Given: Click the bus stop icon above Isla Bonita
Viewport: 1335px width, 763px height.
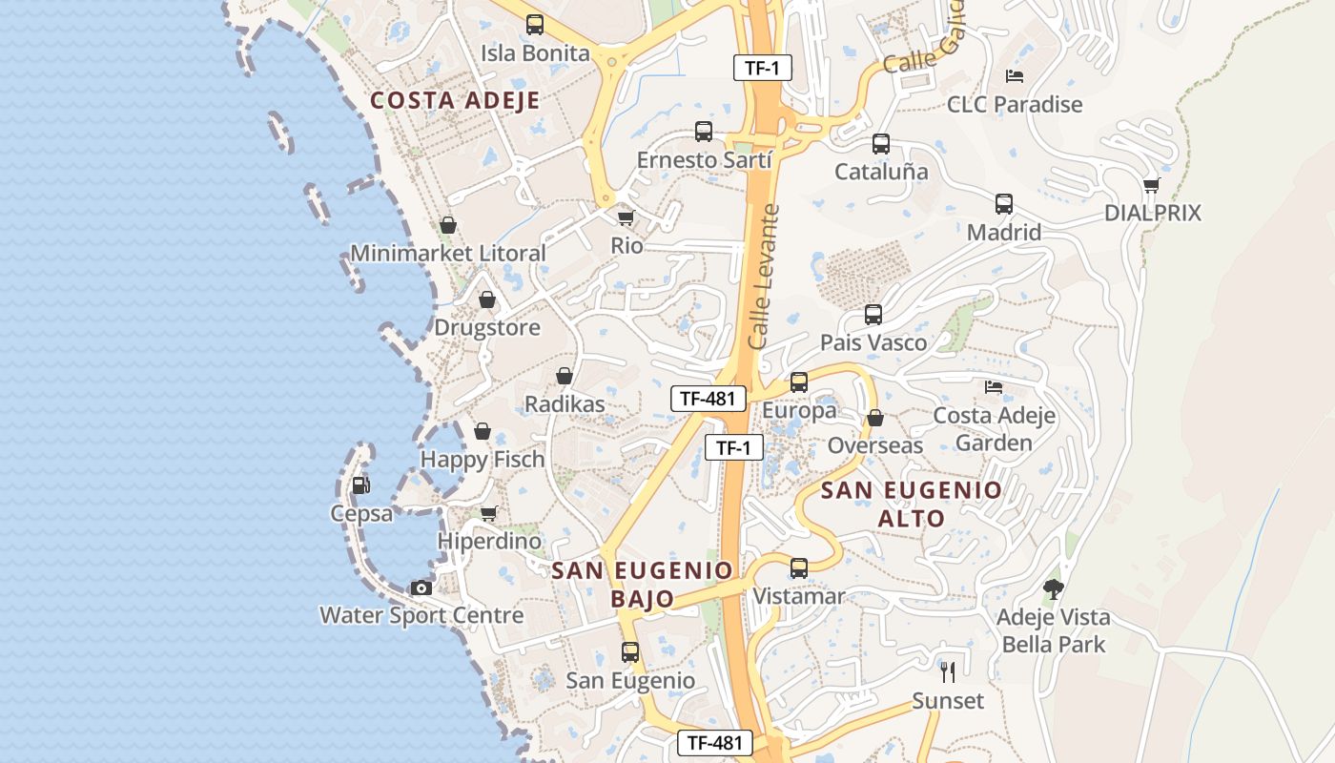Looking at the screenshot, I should [x=535, y=25].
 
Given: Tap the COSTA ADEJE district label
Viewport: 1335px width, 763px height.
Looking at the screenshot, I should [x=455, y=100].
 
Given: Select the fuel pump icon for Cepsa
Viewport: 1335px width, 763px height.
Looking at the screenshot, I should [x=360, y=485].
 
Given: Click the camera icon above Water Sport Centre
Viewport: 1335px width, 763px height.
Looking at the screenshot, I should [x=421, y=588].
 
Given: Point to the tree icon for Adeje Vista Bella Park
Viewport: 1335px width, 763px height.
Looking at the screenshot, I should [x=1053, y=588].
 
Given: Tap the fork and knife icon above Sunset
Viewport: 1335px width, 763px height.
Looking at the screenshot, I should [x=947, y=672].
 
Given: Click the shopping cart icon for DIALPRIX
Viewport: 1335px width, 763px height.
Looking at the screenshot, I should [x=1151, y=185].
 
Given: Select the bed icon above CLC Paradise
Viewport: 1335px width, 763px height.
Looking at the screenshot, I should [x=1014, y=76].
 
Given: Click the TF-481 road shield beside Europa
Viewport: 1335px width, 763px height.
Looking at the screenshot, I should [x=708, y=399].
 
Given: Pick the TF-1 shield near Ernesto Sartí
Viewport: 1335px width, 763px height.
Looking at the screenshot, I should [x=762, y=68].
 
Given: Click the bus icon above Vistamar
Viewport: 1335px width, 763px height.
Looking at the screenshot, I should [x=799, y=568].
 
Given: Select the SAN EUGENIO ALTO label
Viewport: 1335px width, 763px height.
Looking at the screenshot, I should [x=911, y=505].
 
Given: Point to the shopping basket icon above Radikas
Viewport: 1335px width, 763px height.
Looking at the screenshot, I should [x=565, y=376].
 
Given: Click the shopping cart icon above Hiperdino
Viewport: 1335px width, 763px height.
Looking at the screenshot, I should [x=489, y=513].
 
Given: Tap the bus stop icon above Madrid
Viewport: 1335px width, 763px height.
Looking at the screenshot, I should [x=1003, y=204].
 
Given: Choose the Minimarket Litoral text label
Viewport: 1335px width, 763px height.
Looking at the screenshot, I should [x=448, y=253].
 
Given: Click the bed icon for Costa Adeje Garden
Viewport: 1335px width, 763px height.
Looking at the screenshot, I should [x=993, y=387].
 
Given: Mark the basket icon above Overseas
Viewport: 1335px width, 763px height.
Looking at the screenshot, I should [x=874, y=418].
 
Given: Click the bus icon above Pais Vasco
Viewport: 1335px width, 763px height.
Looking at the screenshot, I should [x=873, y=315].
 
